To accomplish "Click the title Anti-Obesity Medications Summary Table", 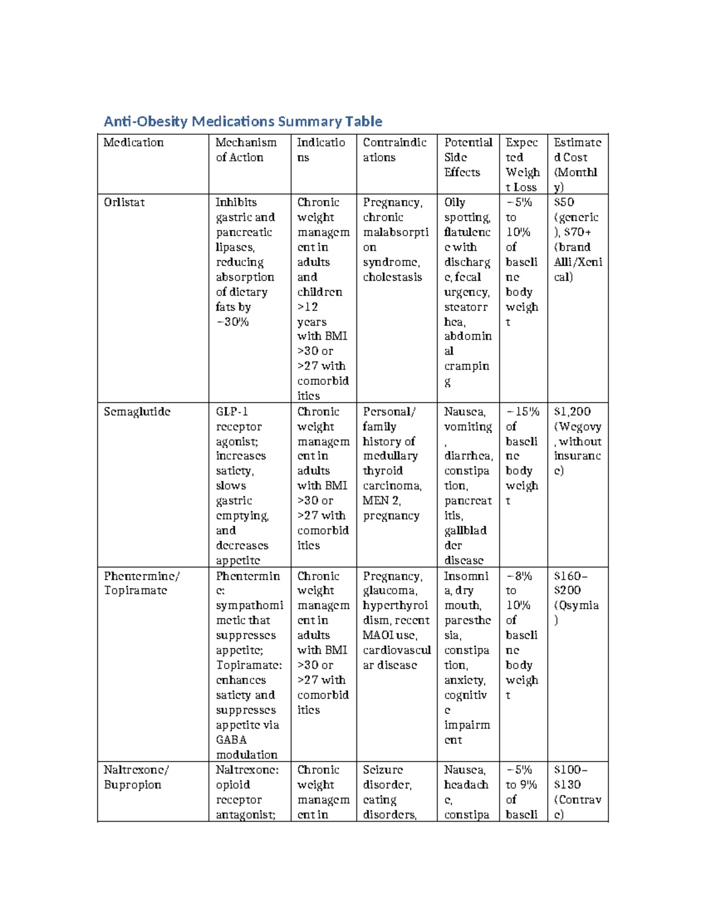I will tap(242, 122).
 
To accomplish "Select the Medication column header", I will tap(134, 142).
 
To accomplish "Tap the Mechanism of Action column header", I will tap(245, 150).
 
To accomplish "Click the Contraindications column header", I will tap(394, 150).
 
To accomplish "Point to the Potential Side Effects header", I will tap(468, 157).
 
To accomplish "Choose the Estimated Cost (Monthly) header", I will tap(577, 165).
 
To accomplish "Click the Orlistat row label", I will tap(124, 202).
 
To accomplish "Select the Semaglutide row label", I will tap(137, 412).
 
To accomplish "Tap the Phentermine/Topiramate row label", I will tap(142, 583).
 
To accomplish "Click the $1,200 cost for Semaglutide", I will tap(572, 412).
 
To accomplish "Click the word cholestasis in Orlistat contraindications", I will tap(392, 277).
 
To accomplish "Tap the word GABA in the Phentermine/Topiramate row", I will tap(231, 740).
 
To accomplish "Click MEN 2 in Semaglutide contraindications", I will tap(381, 501).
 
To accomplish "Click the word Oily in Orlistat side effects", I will tap(454, 202).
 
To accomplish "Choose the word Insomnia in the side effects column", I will tap(465, 583).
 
